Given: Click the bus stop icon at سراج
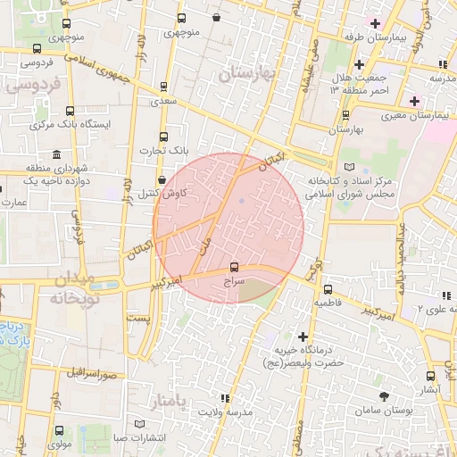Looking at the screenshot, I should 235,266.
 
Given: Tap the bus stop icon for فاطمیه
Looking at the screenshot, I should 328,289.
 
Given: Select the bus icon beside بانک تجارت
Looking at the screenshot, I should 162,137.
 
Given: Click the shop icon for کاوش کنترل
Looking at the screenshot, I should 161,179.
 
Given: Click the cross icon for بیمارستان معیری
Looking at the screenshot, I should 414,100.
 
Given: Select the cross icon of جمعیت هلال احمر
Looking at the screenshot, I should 359,64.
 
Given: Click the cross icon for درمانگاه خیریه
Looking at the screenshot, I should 304,337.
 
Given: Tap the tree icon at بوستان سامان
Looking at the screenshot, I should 384,395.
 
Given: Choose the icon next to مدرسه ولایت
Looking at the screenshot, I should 224,397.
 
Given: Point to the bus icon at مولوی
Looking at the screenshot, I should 17,440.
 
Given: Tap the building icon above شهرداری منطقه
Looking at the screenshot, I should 57,154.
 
